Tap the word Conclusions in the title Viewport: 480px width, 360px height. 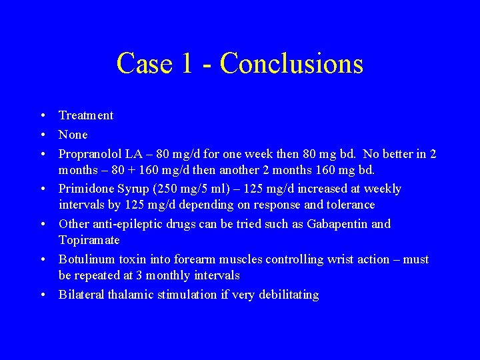(291, 64)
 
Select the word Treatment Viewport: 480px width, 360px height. (86, 115)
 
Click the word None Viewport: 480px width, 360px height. (73, 135)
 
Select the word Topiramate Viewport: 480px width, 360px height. (89, 240)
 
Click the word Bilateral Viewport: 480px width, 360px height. (81, 295)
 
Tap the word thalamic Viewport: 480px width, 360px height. (129, 295)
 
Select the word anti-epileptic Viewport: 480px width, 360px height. (125, 224)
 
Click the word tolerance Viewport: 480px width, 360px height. (351, 205)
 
